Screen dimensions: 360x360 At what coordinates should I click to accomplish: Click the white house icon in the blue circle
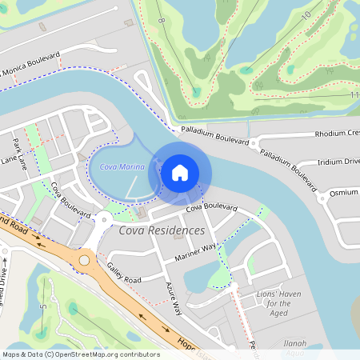180,172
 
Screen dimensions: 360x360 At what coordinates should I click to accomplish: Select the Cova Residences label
162,230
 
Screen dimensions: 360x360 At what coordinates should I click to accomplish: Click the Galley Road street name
123,274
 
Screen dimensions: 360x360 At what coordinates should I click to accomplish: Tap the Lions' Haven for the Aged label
278,303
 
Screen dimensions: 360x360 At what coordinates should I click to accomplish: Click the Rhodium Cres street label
336,134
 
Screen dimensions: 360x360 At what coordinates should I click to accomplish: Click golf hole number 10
306,15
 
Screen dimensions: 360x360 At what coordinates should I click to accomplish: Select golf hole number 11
354,95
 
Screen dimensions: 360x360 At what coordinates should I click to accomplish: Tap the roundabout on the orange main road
84,260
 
